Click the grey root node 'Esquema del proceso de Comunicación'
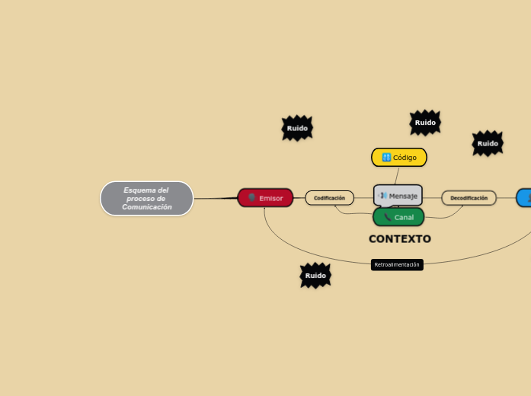(x=147, y=199)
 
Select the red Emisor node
(x=265, y=198)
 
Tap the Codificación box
(x=329, y=198)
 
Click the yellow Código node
(x=399, y=158)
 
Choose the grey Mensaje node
(x=398, y=196)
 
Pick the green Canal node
(x=398, y=217)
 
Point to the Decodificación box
(x=469, y=198)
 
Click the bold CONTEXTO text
(x=400, y=239)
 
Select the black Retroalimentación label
(x=397, y=265)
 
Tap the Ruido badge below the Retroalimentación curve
(x=315, y=276)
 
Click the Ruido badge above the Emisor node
(x=297, y=129)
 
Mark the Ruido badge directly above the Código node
(x=425, y=123)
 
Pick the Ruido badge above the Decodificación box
(x=488, y=143)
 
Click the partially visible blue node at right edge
(x=524, y=198)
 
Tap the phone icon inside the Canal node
(x=388, y=217)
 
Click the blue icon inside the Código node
(x=386, y=158)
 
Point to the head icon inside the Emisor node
(x=252, y=198)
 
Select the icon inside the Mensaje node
(x=383, y=196)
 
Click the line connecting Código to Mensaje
(x=398, y=175)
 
